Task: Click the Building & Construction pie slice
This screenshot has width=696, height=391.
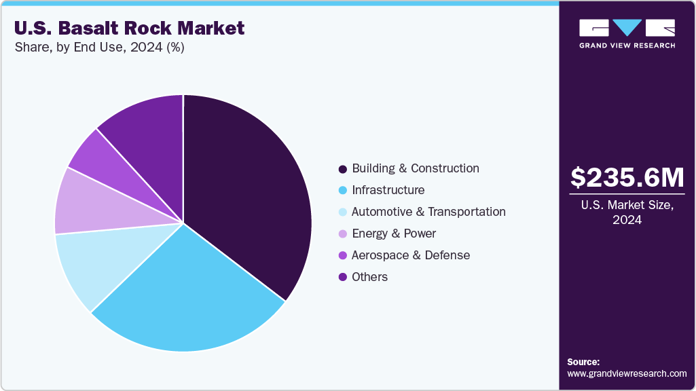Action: [x=251, y=190]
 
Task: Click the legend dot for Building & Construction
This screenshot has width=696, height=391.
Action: [x=343, y=168]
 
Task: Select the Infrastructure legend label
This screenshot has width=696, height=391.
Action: [x=388, y=190]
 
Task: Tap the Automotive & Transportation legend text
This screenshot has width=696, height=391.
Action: [x=428, y=212]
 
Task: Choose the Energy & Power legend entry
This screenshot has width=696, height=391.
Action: [x=394, y=234]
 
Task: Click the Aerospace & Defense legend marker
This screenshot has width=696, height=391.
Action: [x=343, y=255]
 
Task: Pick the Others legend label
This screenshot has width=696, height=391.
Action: [x=369, y=277]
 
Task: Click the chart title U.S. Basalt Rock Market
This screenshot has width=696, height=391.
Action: [x=129, y=29]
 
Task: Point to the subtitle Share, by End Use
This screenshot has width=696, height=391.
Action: [x=99, y=48]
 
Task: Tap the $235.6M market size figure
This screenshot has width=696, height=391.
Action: [x=627, y=177]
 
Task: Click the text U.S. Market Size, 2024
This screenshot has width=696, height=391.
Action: [x=627, y=212]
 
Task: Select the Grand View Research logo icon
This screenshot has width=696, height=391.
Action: [x=627, y=28]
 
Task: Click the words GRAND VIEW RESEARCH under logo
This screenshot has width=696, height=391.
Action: [x=627, y=45]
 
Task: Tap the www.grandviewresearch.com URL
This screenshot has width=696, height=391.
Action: [x=627, y=374]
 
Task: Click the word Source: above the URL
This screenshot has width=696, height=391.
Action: [x=583, y=362]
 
